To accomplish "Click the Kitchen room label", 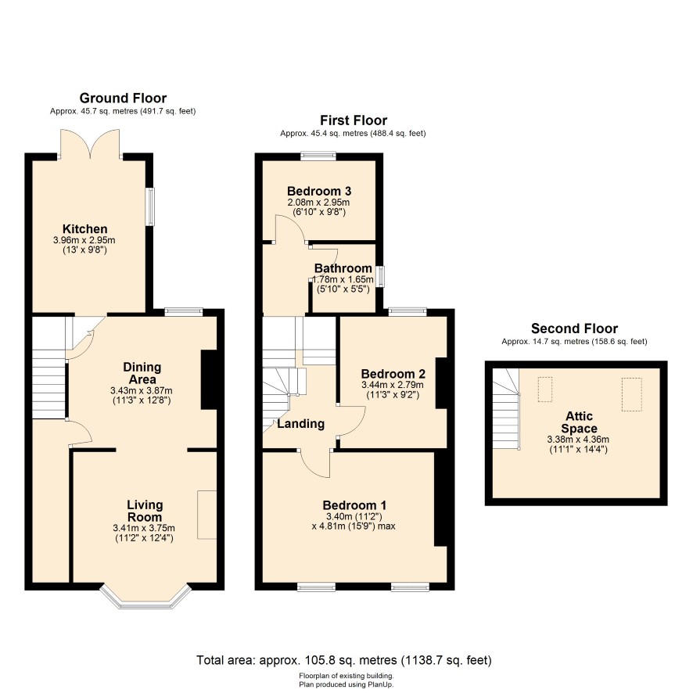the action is [84, 229].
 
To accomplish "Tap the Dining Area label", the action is [142, 373].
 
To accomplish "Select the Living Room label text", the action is [145, 511].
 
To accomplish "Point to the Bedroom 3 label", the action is [319, 191].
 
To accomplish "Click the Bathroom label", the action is [343, 268].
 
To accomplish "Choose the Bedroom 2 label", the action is [393, 374].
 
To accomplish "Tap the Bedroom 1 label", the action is [354, 505].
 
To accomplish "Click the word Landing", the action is [301, 424].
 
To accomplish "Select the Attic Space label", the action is [579, 422].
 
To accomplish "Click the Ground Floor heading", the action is [123, 98].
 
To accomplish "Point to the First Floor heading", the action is [354, 120].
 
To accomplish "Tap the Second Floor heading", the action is [574, 329].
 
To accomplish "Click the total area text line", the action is [344, 660].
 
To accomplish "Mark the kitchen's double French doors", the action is [90, 144].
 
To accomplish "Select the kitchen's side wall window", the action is [151, 206].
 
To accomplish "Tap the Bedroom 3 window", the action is [318, 156].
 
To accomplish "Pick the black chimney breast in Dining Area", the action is [209, 380].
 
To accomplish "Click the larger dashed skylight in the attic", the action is [631, 394].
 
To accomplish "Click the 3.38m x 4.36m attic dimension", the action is [578, 440].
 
